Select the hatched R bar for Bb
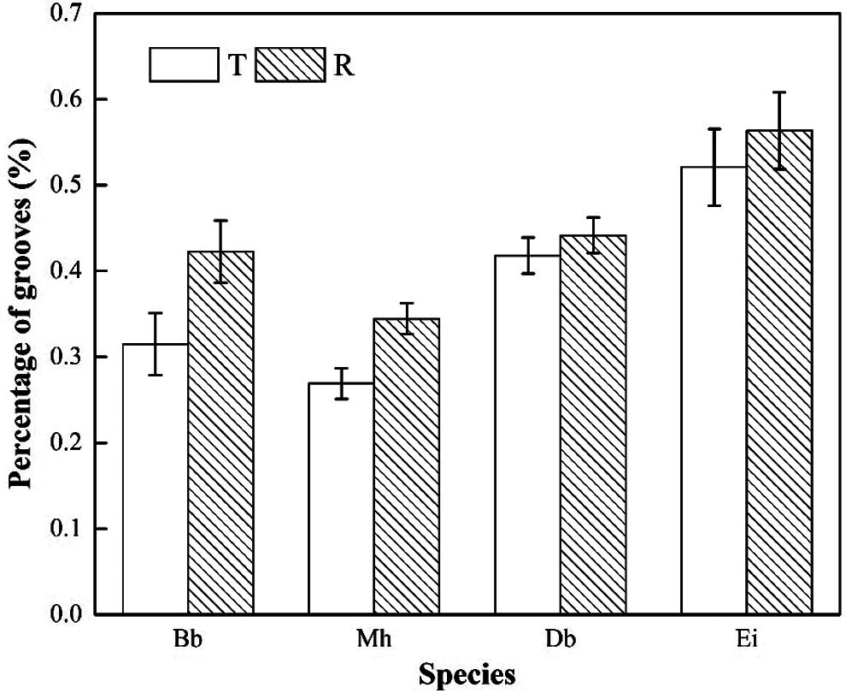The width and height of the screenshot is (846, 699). pos(220,433)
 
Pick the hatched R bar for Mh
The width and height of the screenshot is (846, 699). pos(406,466)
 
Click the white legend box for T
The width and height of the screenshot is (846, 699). pos(183,65)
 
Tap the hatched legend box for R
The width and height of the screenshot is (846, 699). pos(292,65)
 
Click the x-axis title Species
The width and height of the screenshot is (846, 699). pos(467,675)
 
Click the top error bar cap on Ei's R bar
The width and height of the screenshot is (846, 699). pos(778,92)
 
